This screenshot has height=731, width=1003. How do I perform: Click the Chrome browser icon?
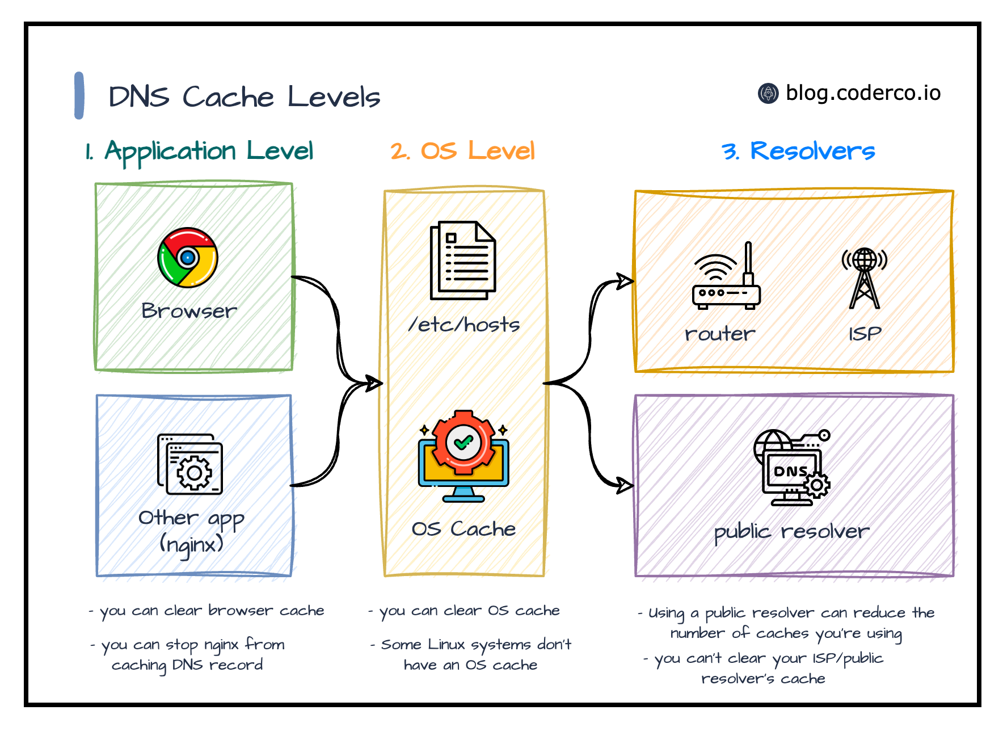coord(187,258)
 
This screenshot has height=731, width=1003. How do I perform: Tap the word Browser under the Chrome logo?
coord(189,310)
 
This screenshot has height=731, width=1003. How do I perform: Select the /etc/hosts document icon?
coord(463,260)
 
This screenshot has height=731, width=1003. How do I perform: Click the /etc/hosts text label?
coord(464,324)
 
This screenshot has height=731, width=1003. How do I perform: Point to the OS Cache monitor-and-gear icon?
coord(463,456)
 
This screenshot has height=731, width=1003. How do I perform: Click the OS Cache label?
coord(463,529)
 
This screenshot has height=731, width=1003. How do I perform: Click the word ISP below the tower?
coord(865,334)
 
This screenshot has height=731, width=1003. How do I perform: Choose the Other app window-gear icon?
coord(190,464)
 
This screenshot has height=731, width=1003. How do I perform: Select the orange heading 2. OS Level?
coord(462,151)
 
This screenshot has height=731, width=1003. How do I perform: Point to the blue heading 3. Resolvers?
coord(798,151)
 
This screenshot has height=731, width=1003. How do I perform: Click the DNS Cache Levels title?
coord(244,96)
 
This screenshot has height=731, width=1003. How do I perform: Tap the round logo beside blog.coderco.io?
coord(768,93)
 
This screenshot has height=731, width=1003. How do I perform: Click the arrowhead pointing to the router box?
coord(625,280)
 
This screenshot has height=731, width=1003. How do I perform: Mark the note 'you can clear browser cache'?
coord(206,611)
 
